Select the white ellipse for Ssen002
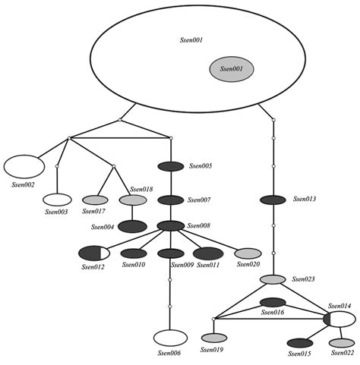coord(24,165)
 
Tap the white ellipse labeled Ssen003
coord(57,200)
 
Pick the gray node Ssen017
coord(95,200)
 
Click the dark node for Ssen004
coord(132,226)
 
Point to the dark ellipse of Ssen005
coord(171,166)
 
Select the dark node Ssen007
coord(171,200)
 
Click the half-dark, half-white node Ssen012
coord(94,253)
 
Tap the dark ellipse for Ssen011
coord(207,253)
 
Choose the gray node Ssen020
coord(248,253)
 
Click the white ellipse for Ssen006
coord(171,337)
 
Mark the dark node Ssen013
coord(273,200)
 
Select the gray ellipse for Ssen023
coord(273,280)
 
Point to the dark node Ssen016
coord(273,302)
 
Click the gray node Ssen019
coord(214,338)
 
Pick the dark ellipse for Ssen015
coord(300,343)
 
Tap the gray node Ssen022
coord(341,342)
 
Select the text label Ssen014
coord(340,306)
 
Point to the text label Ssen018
coord(141,189)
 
